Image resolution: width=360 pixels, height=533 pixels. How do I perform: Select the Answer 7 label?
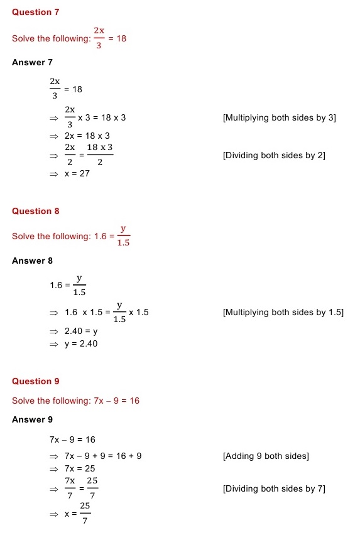[x=32, y=63]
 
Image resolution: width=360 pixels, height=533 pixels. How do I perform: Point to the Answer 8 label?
[x=32, y=261]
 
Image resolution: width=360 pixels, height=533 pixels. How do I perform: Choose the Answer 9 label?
[x=32, y=420]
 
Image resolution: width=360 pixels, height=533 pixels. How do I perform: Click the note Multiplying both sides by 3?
[x=279, y=118]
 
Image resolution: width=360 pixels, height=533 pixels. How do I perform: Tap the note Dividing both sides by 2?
[x=274, y=155]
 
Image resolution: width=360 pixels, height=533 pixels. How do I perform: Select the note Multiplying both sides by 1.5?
[x=283, y=313]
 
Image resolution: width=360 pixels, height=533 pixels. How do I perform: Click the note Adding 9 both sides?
[x=266, y=456]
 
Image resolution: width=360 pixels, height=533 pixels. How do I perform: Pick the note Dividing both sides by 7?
[x=274, y=488]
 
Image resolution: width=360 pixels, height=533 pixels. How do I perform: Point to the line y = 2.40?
[x=80, y=344]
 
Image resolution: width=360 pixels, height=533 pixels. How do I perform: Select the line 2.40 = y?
[x=80, y=331]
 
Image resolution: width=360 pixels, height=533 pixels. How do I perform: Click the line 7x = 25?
[x=79, y=469]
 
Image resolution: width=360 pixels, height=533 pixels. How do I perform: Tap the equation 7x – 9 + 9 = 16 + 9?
[x=102, y=456]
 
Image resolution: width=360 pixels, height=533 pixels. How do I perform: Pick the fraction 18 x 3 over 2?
[x=100, y=155]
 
